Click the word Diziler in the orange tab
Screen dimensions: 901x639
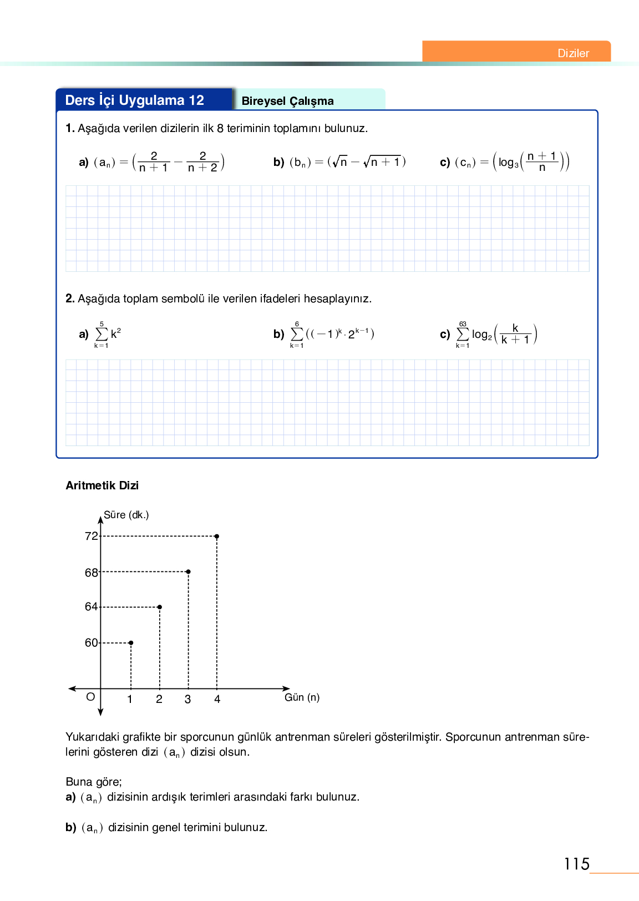pos(573,53)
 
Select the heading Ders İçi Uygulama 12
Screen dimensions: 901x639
pos(135,100)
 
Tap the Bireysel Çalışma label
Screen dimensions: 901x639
pos(287,101)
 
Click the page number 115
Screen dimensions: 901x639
pos(576,864)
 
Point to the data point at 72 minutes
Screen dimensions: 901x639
pos(217,536)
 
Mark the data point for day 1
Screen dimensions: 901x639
pos(131,642)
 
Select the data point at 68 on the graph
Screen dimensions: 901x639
pos(189,571)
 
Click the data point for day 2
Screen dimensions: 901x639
pos(160,607)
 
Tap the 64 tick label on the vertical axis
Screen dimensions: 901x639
pos(91,607)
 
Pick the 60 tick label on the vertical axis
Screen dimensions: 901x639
pos(91,642)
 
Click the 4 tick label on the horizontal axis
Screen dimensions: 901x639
pos(217,699)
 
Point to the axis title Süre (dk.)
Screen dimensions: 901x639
pos(126,515)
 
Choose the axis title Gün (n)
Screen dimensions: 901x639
pos(302,697)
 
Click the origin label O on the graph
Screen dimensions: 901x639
pos(90,697)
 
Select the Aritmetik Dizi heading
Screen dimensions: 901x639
pos(102,485)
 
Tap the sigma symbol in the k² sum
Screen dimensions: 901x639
pos(102,334)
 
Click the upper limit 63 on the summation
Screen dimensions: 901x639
pos(463,324)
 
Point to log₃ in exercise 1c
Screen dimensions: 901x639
pos(508,163)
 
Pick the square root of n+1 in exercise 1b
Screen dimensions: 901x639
pos(382,162)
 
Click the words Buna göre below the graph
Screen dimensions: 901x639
pos(93,782)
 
